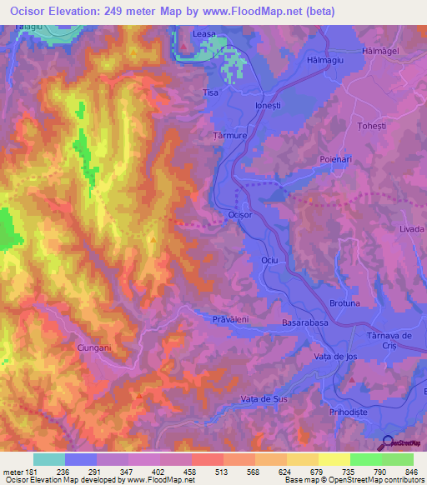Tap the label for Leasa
coord(204,32)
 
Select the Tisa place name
coord(212,92)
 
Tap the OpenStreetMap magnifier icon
coord(387,444)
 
